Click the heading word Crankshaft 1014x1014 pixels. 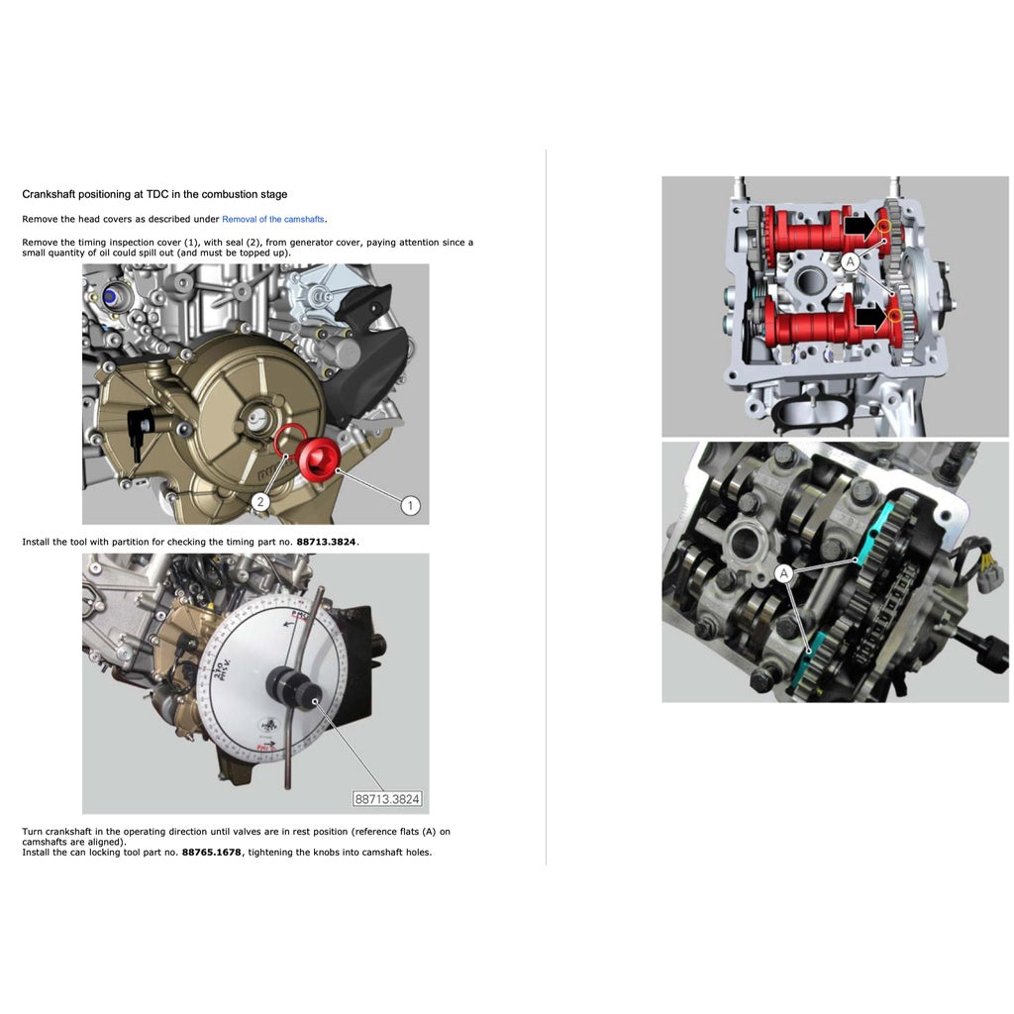click(x=50, y=195)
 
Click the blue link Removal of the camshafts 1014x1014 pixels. click(x=273, y=219)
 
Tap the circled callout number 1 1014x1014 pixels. click(x=410, y=506)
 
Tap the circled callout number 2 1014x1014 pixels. click(x=259, y=502)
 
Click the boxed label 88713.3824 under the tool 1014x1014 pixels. click(x=387, y=798)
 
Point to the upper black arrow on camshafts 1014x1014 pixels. click(x=859, y=226)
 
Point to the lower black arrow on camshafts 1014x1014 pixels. click(x=870, y=317)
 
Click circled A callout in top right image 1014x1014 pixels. click(x=849, y=261)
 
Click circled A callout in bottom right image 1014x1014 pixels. click(x=783, y=573)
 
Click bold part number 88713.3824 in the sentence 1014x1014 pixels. click(x=326, y=542)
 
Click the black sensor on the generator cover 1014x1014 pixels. click(x=142, y=424)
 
